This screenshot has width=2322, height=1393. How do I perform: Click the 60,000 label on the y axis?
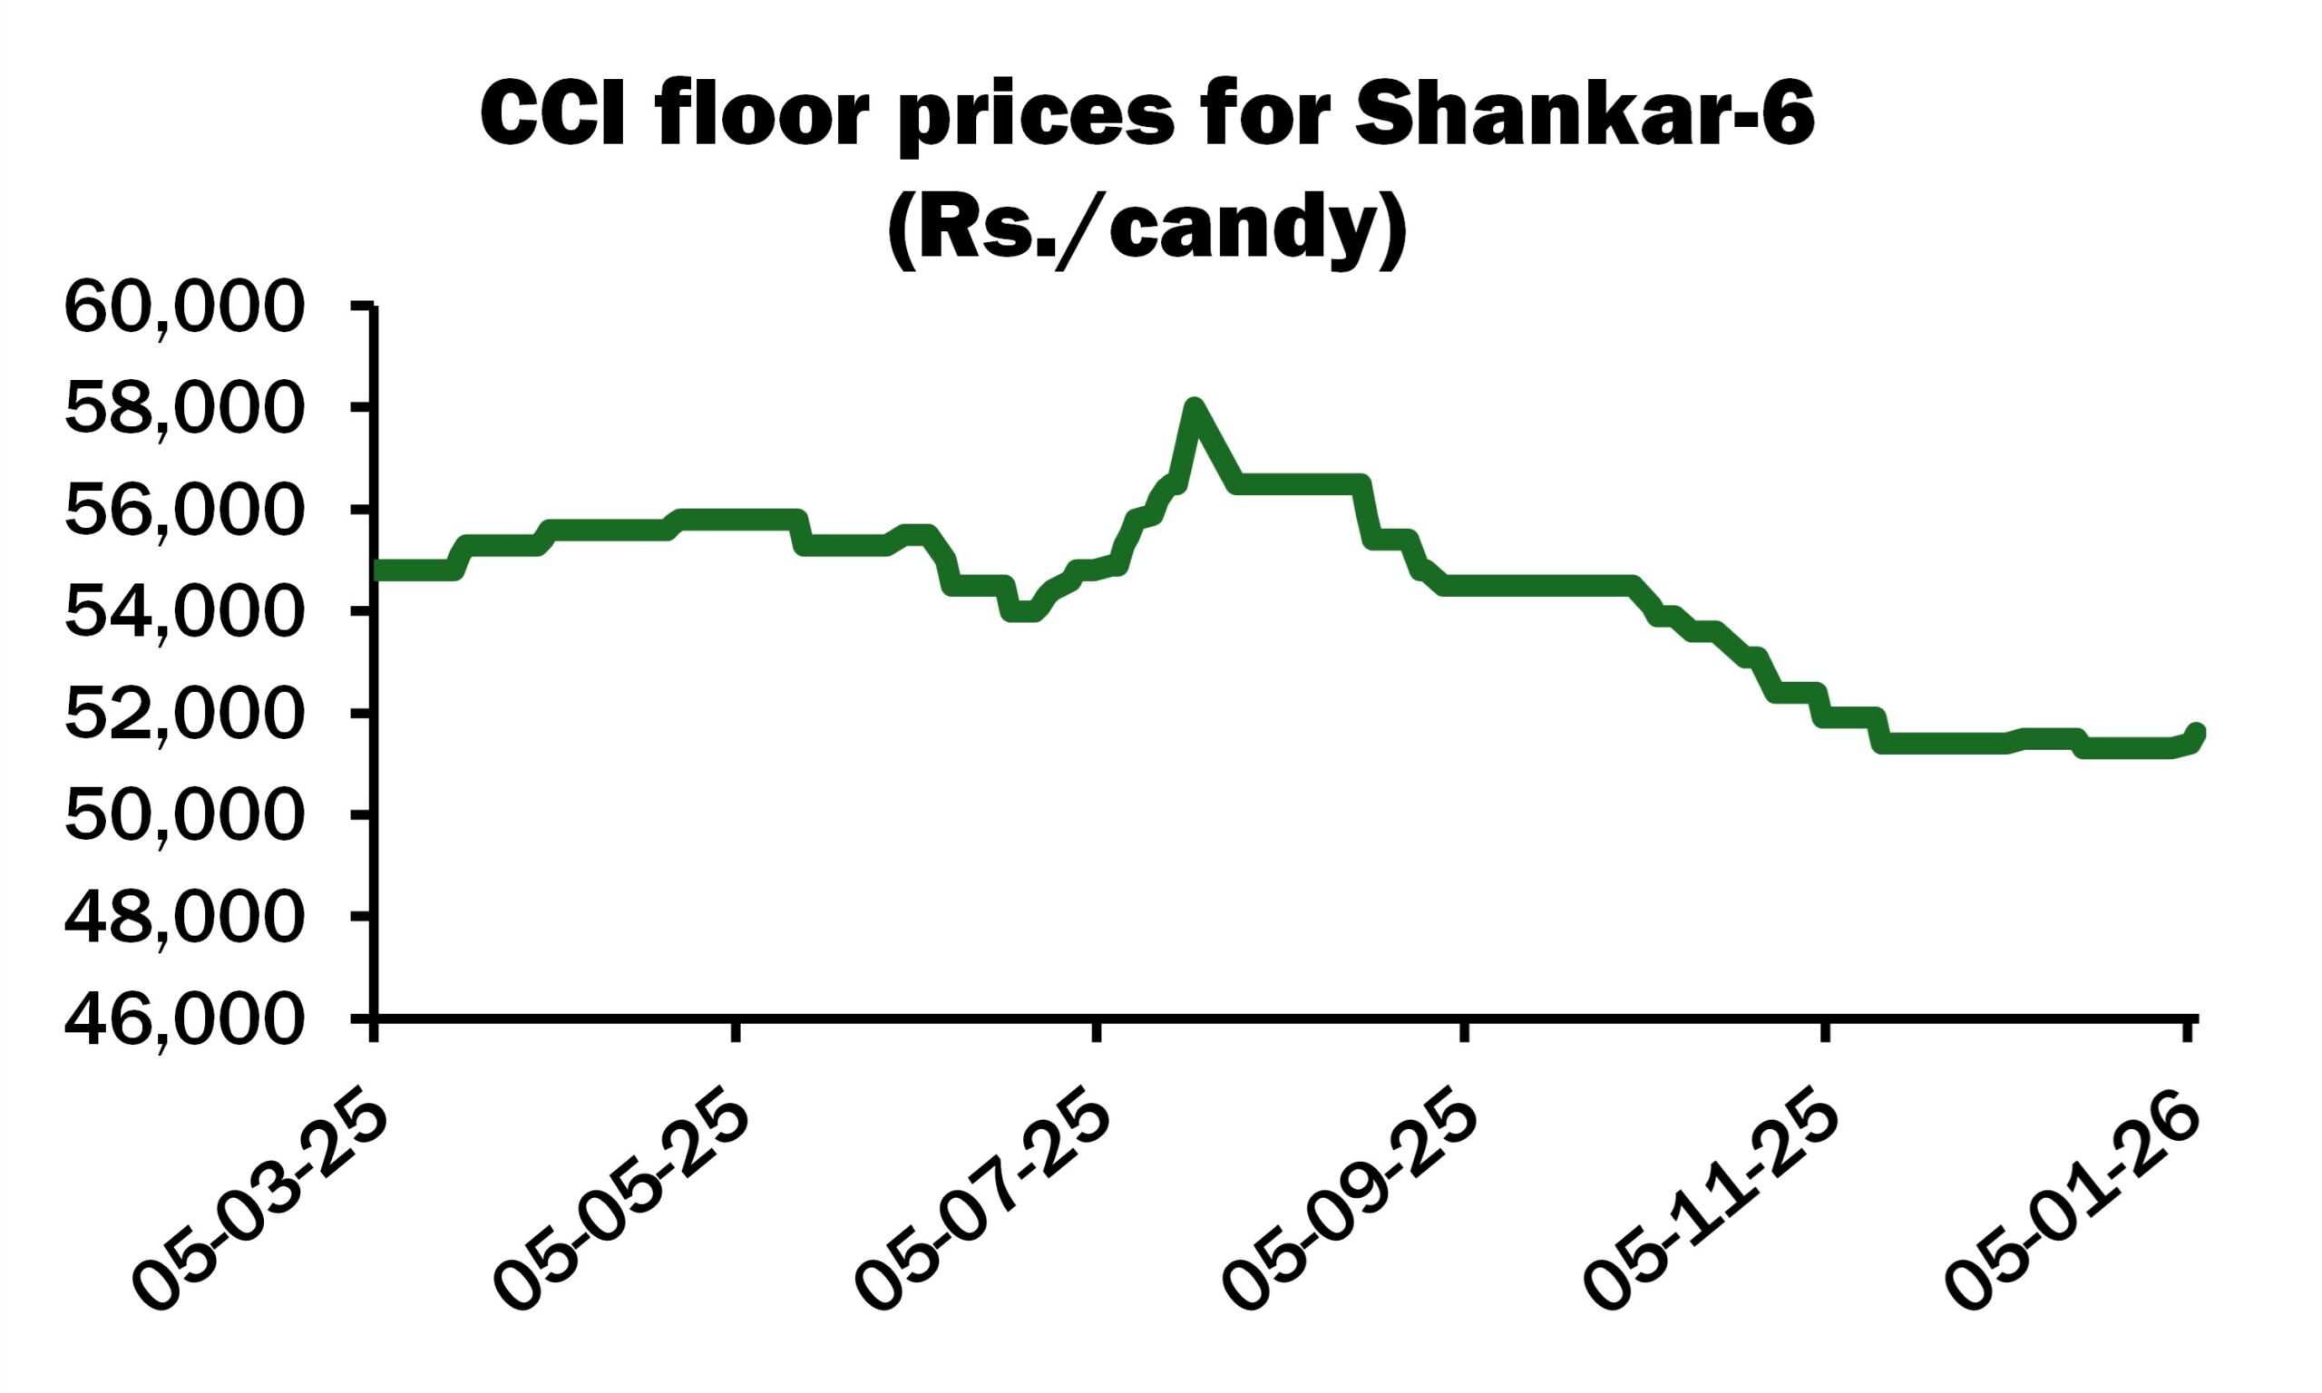(x=184, y=309)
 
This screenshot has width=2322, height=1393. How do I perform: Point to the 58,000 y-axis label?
(x=184, y=411)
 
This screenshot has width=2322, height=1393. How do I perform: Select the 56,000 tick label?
(x=184, y=512)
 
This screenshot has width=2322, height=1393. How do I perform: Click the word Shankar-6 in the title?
(x=1585, y=114)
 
